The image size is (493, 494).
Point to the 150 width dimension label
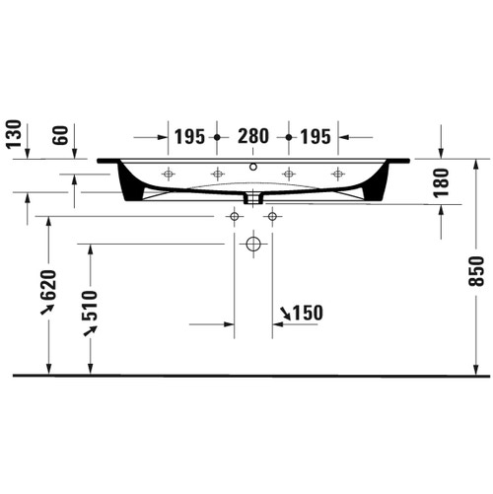308,314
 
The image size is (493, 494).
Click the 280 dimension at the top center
251,136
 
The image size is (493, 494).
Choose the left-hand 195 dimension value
191,136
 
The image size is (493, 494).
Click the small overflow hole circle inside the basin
253,167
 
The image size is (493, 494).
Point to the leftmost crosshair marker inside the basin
168,175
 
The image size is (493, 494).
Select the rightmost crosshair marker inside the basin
338,175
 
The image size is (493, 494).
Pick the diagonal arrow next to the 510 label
90,329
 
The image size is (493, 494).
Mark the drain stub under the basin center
253,196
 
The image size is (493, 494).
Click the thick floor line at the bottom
251,376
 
